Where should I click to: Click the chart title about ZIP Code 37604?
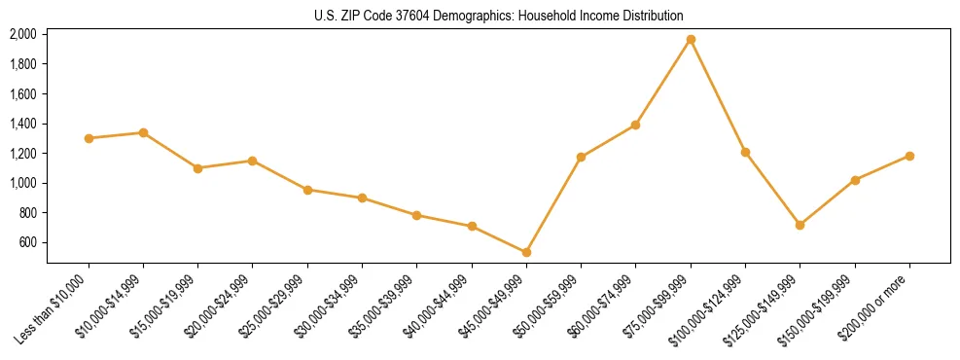pyautogui.click(x=499, y=16)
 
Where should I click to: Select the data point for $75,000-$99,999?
pyautogui.click(x=691, y=40)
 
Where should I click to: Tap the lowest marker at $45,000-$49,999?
pyautogui.click(x=526, y=252)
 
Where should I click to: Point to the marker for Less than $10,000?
pyautogui.click(x=89, y=138)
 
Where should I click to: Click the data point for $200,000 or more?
pyautogui.click(x=909, y=156)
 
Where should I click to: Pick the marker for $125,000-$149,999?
pyautogui.click(x=800, y=225)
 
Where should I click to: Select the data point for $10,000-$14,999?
pyautogui.click(x=143, y=132)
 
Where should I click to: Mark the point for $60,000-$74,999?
pyautogui.click(x=635, y=125)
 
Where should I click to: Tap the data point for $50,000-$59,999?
pyautogui.click(x=581, y=157)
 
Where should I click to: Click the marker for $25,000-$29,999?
pyautogui.click(x=307, y=190)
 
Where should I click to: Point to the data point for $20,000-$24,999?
pyautogui.click(x=253, y=161)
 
